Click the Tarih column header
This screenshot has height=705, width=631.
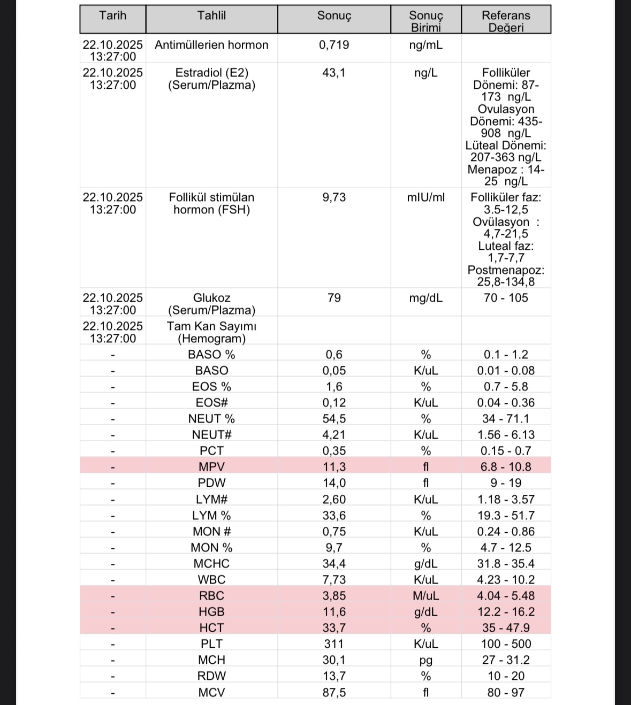point(112,16)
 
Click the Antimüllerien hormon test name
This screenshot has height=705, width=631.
point(211,45)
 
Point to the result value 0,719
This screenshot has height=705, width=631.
point(334,45)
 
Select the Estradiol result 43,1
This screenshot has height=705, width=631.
point(334,73)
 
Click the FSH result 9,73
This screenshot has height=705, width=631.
point(334,197)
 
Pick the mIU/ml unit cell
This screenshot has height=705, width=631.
point(426,197)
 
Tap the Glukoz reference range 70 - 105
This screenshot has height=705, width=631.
point(506,298)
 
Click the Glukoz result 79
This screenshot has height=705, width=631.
point(334,298)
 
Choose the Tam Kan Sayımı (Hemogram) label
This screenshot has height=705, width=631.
point(211,332)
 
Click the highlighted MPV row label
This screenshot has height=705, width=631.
point(211,467)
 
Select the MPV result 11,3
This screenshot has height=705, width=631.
point(334,467)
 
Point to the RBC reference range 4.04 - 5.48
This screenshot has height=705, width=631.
point(506,596)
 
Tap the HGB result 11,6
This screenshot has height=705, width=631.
point(334,612)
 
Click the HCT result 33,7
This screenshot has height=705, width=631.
point(334,628)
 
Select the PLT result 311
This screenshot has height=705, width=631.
point(334,644)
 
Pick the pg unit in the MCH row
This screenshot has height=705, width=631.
point(426,661)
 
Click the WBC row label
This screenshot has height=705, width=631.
point(211,580)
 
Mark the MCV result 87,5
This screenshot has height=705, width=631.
point(334,693)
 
